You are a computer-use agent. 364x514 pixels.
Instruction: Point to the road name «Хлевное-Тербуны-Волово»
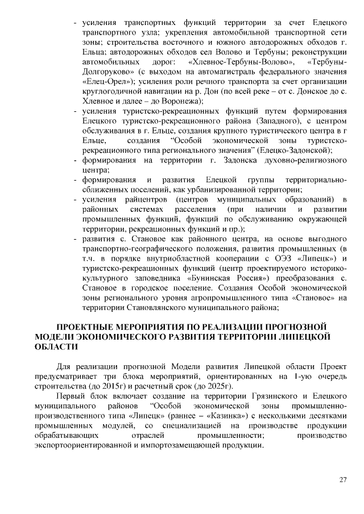coord(232,61)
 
